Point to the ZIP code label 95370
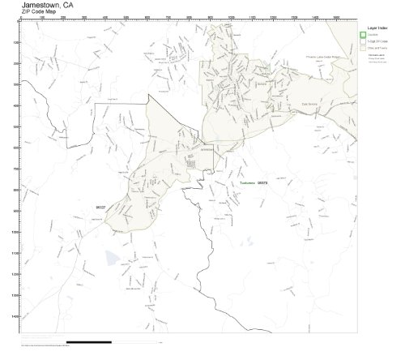(262, 184)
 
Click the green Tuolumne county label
(247, 184)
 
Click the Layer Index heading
(376, 26)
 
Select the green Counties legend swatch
(364, 34)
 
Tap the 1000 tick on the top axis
(232, 18)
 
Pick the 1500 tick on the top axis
(337, 18)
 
